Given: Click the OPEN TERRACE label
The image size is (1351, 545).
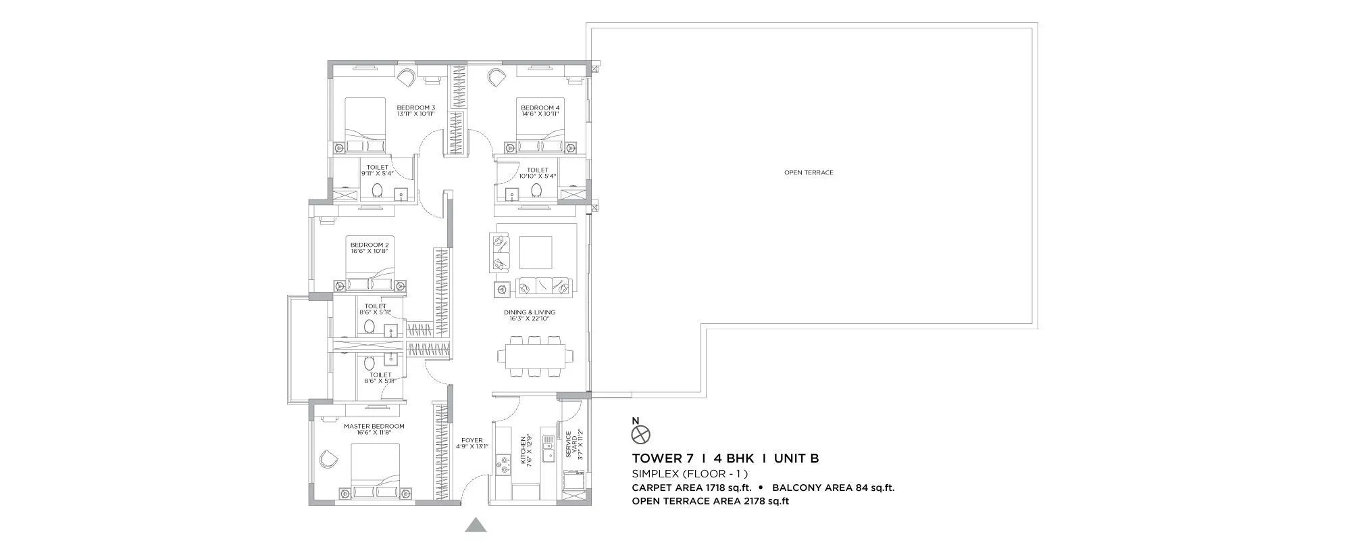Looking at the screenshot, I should tap(809, 172).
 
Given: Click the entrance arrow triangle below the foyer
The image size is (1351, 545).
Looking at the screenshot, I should tap(476, 525).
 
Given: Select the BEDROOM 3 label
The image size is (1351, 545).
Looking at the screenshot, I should tap(415, 108).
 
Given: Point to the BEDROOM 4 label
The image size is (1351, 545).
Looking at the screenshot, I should tap(540, 108).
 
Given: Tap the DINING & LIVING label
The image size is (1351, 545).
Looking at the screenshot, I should tap(529, 312).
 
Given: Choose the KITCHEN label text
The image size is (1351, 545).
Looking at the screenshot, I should tap(523, 451).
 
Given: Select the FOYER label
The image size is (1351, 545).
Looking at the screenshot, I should tap(472, 440).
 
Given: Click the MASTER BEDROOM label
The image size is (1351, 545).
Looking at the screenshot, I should tap(374, 426).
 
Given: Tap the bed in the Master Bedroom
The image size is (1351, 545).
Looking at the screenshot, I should tap(376, 473).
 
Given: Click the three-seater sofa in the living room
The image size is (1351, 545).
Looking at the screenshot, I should tap(543, 287).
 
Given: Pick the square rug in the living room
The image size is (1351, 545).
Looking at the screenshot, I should tap(536, 252).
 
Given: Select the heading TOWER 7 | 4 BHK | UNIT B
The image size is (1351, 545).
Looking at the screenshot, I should tap(725, 458).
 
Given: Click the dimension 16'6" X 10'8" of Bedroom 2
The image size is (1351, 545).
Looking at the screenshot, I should tap(369, 252).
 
